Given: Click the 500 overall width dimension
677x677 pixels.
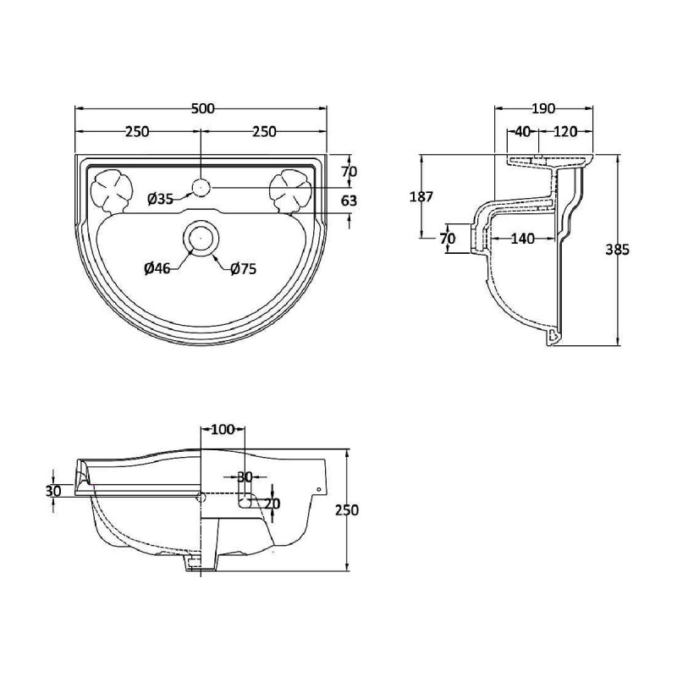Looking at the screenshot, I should click(202, 108).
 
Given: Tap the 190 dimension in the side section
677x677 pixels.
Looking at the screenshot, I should click(543, 108).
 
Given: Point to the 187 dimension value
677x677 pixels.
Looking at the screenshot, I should click(421, 197).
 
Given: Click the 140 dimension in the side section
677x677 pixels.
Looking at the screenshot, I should click(522, 239).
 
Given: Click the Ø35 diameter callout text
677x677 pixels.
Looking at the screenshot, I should click(159, 200).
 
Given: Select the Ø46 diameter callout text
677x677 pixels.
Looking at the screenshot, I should click(157, 268).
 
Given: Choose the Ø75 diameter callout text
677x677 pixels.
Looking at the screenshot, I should click(243, 268).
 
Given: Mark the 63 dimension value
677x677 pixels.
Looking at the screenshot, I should click(349, 201).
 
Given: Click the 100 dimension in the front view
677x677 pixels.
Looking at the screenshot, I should click(222, 430).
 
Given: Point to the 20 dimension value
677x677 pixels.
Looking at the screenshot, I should click(272, 504).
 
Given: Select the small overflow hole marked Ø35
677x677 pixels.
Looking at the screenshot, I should click(201, 187).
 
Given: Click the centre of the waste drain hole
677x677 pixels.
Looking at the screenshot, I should click(201, 239).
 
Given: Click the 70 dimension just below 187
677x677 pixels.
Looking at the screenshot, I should click(448, 239).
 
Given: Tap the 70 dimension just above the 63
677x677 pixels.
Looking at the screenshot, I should click(349, 171).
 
